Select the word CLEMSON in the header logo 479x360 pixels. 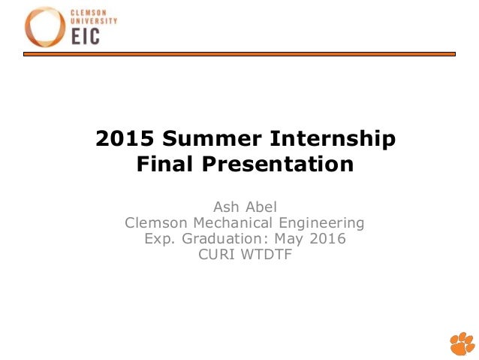point(89,14)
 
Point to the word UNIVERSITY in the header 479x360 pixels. point(94,21)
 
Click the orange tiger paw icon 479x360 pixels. point(462,343)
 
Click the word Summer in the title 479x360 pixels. point(211,139)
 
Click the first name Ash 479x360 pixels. point(227,206)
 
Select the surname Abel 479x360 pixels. point(262,206)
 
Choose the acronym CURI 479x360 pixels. point(213,256)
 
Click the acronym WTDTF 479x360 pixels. point(266,256)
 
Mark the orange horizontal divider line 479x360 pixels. point(239,53)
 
